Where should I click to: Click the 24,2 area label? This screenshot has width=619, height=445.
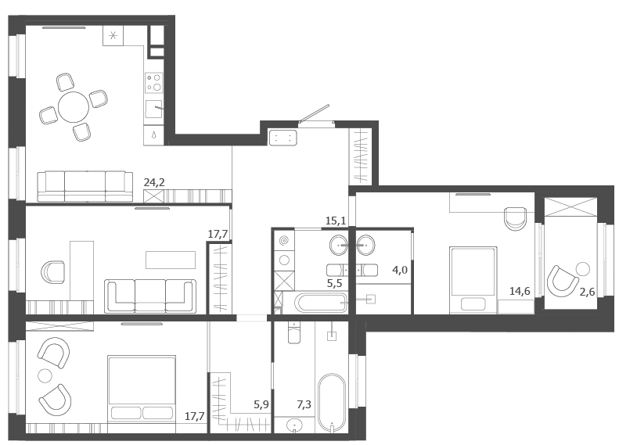click(x=154, y=182)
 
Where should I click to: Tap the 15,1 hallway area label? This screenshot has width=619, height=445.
click(x=336, y=221)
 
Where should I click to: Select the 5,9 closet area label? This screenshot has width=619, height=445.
click(x=261, y=404)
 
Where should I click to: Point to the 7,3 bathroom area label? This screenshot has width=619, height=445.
click(x=304, y=404)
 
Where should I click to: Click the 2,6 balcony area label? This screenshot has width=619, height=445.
click(x=587, y=292)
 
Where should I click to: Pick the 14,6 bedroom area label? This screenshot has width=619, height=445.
click(x=520, y=292)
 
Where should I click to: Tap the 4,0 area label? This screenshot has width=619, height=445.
click(x=400, y=271)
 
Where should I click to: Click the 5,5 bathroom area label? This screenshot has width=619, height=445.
click(x=334, y=283)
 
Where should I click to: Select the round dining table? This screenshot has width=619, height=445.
click(x=74, y=107)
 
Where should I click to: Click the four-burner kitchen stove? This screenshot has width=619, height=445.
click(x=153, y=82)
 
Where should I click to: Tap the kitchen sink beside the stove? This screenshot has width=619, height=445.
click(x=153, y=109)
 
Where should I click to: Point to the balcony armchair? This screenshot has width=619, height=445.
click(x=560, y=281)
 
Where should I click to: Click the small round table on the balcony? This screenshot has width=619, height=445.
click(x=583, y=269)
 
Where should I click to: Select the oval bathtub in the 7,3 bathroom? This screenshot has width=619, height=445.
click(x=332, y=403)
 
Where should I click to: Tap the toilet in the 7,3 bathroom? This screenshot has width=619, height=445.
click(x=294, y=332)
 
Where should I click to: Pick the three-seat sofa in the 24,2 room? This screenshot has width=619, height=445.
click(x=85, y=186)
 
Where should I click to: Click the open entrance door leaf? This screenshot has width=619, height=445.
click(x=315, y=113)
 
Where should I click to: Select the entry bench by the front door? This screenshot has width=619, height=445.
click(x=283, y=138)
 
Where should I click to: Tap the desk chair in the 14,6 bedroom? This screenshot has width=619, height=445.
click(x=516, y=218)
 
